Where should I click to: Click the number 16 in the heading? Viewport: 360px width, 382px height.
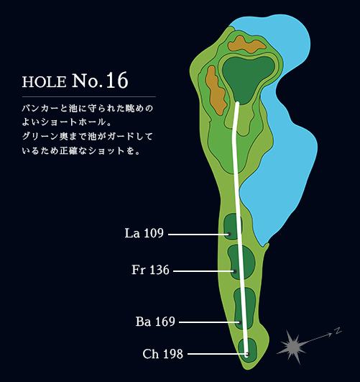117,80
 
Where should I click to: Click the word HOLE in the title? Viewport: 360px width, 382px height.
45,82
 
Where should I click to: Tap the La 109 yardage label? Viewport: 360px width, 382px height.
144,233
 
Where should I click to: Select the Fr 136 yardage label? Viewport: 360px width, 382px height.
150,270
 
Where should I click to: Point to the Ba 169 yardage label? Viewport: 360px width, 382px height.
155,322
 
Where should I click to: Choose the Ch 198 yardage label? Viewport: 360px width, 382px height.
162,354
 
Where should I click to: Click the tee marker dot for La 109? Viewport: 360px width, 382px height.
229,235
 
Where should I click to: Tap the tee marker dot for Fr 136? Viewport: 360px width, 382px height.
235,271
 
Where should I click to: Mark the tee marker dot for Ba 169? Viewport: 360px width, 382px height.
240,322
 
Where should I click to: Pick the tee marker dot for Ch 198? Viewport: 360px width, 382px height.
246,354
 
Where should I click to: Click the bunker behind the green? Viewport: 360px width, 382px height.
246,45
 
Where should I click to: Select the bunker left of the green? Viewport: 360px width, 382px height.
216,90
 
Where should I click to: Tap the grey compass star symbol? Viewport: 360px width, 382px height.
292,346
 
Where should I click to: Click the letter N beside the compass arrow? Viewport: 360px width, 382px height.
338,331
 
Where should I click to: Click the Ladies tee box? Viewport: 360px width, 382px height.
232,227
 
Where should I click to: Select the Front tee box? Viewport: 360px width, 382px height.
241,262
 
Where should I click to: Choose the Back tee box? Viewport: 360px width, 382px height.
245,307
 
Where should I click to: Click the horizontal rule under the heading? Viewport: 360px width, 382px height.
89,97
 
